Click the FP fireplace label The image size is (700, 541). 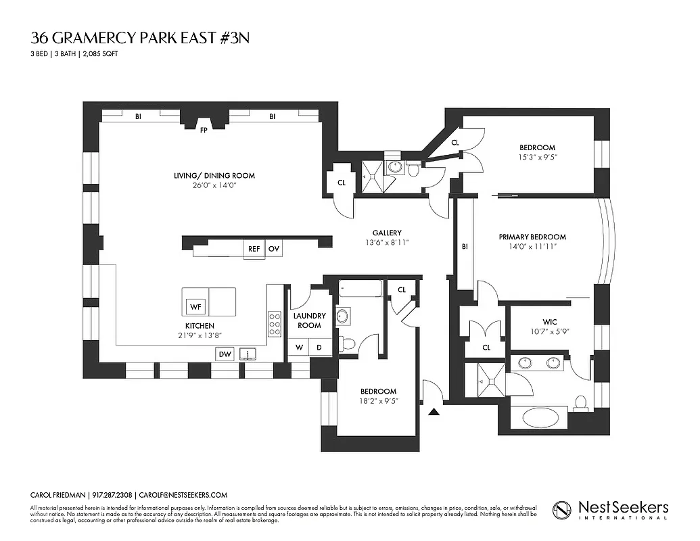click(203, 130)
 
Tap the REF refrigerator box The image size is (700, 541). click(254, 249)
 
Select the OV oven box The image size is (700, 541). click(273, 249)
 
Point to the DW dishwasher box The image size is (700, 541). click(225, 354)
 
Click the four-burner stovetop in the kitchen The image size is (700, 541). click(275, 323)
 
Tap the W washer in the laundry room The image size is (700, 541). click(298, 348)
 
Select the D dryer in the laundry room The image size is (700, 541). click(319, 348)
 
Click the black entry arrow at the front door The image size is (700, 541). click(434, 409)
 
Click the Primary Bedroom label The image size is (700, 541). click(532, 237)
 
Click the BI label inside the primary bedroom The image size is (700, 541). click(465, 246)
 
